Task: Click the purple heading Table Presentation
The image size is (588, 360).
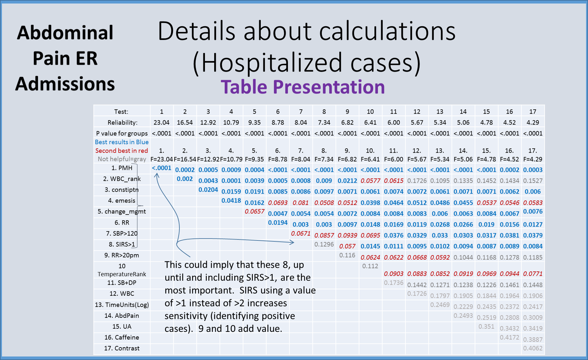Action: click(x=303, y=87)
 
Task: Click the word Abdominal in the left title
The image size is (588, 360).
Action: click(x=65, y=33)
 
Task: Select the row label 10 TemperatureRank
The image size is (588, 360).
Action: click(x=122, y=270)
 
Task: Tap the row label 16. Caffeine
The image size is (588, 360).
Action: click(x=122, y=337)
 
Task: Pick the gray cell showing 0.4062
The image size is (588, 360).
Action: click(x=533, y=348)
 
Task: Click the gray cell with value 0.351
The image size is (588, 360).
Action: click(x=486, y=326)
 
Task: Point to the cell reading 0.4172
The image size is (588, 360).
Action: click(x=509, y=337)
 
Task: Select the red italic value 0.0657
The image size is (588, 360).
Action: click(x=254, y=211)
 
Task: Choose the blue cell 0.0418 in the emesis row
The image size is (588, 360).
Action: click(x=231, y=200)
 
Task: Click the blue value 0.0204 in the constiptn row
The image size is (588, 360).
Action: click(x=208, y=189)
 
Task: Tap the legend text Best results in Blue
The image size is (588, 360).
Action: click(x=122, y=142)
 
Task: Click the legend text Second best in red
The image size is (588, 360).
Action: click(x=122, y=150)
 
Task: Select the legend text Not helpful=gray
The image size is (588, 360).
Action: click(x=122, y=159)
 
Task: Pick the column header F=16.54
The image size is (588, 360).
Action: click(x=185, y=159)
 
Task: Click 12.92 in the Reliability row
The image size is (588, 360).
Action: click(x=208, y=122)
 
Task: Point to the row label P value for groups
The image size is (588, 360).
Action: click(x=122, y=133)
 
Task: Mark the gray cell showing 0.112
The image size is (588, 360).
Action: click(x=370, y=266)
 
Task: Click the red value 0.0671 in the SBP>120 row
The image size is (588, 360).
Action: click(x=301, y=234)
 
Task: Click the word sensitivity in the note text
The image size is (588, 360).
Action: click(x=186, y=316)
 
